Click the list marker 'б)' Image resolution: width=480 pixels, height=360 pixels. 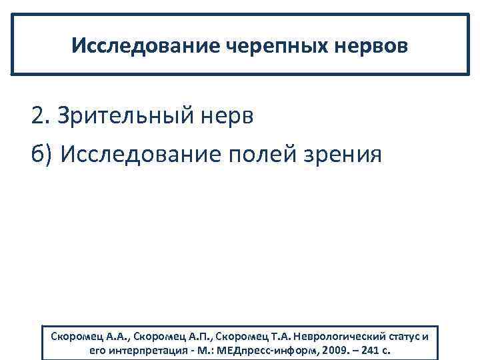tap(41, 155)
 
